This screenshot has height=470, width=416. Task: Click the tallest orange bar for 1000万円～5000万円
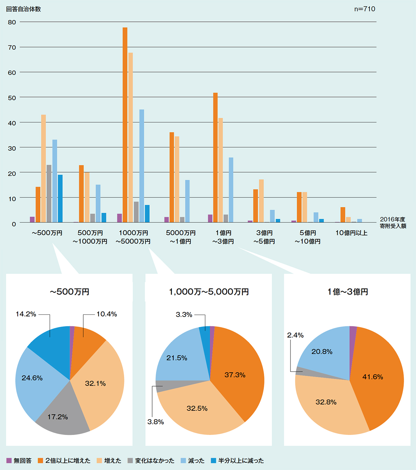[125, 125]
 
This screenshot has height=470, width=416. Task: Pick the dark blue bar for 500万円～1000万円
[104, 217]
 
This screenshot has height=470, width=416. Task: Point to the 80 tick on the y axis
[12, 22]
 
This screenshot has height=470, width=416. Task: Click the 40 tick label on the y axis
[12, 123]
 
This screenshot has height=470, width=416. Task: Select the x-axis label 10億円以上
[351, 233]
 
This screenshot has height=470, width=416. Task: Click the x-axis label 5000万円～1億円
[181, 237]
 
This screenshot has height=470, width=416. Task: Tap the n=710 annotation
[364, 9]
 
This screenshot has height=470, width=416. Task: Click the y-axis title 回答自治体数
[24, 9]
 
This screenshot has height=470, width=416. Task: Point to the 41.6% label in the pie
[373, 377]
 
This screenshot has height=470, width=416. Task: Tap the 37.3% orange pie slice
[235, 375]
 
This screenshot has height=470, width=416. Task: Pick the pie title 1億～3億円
[347, 292]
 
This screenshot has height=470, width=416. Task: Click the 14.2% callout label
[26, 314]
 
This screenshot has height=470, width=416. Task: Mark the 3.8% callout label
[156, 422]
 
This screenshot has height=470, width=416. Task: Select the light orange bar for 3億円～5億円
[261, 201]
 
